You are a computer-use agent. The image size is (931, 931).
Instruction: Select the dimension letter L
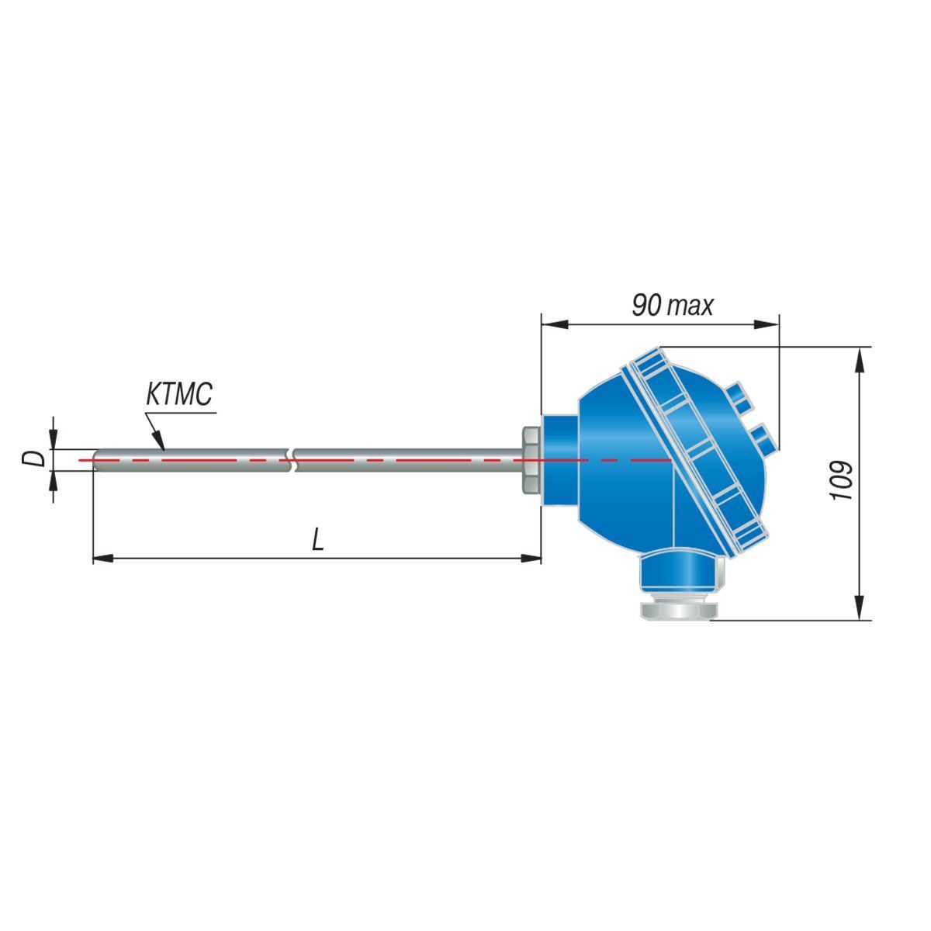click(317, 538)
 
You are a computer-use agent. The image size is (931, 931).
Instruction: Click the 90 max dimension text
click(673, 306)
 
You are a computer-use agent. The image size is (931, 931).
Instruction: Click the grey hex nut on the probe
click(531, 459)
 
